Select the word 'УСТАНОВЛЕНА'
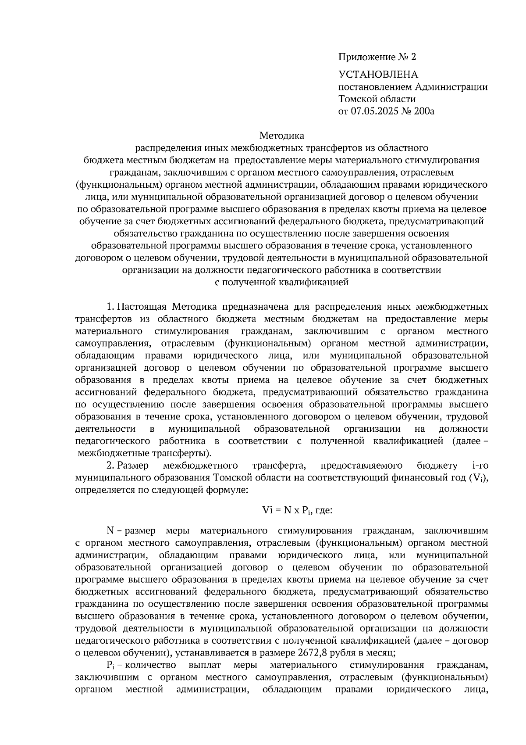(x=378, y=75)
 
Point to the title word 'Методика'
(x=281, y=136)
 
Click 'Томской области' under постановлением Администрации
(x=377, y=99)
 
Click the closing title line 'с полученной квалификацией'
(x=281, y=283)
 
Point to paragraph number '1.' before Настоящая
(x=111, y=306)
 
